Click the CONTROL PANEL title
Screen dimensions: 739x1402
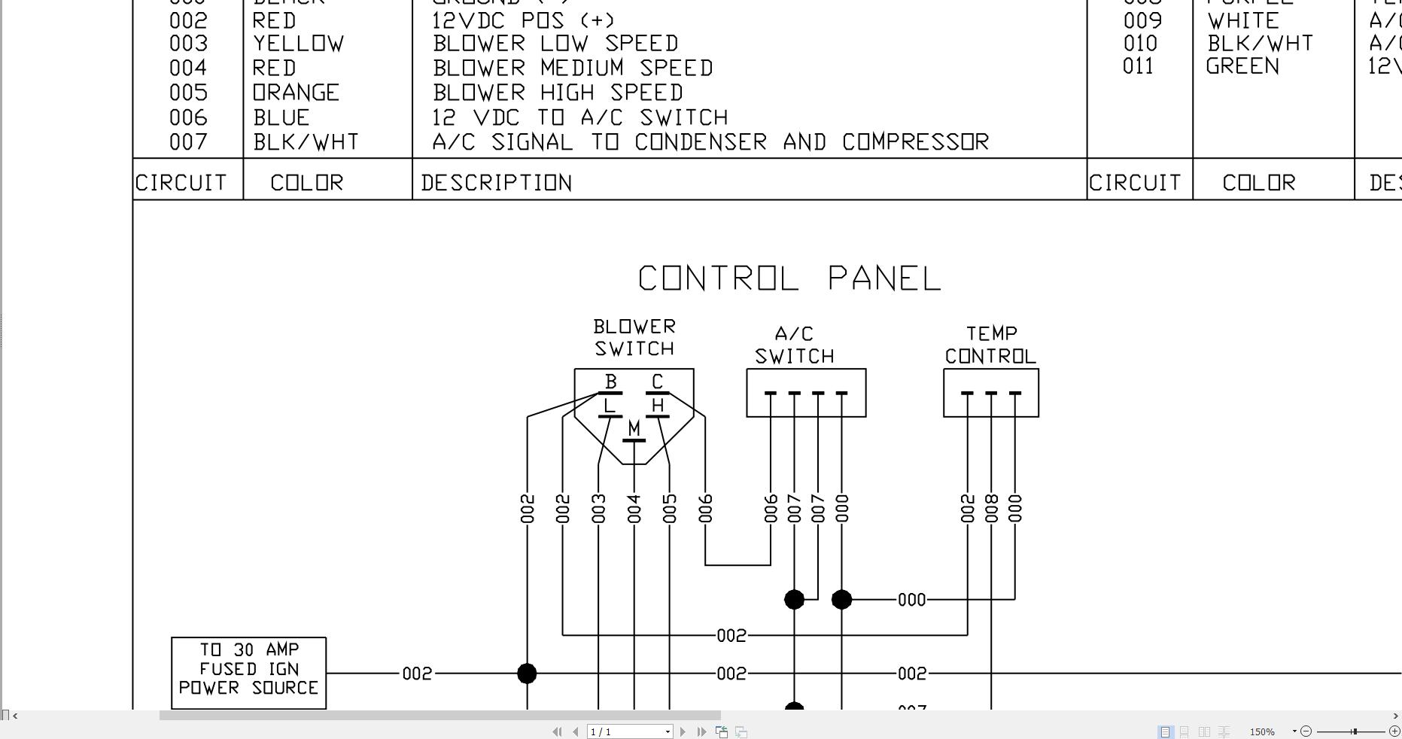click(789, 278)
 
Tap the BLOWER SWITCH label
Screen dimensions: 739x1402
click(634, 338)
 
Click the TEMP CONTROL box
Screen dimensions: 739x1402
click(990, 392)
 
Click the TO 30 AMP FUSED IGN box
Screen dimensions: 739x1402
click(248, 673)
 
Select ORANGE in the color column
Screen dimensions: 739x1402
click(296, 93)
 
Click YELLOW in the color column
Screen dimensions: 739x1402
click(299, 44)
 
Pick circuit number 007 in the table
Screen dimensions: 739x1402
click(188, 141)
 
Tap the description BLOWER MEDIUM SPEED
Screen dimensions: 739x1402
click(573, 68)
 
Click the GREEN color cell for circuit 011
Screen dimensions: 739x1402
click(1242, 66)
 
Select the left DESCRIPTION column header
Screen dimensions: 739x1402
click(497, 183)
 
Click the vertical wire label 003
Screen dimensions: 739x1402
click(598, 508)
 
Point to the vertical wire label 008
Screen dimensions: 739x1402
click(991, 508)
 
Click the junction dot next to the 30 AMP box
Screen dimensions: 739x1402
click(527, 673)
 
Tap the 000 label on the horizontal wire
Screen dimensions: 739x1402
click(911, 600)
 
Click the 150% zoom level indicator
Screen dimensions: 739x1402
click(1262, 731)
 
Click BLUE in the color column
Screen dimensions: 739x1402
click(281, 117)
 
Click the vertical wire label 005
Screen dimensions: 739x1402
click(670, 508)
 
